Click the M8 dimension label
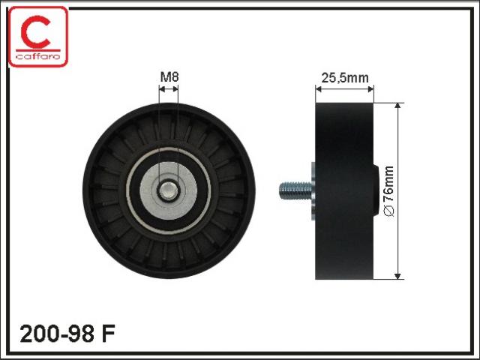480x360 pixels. (x=169, y=76)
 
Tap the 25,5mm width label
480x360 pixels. (x=345, y=78)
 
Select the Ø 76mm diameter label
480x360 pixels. (x=388, y=191)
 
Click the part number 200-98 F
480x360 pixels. (x=67, y=333)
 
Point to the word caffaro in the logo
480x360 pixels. (x=38, y=56)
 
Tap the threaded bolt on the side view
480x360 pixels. (x=295, y=190)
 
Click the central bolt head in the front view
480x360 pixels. (x=168, y=190)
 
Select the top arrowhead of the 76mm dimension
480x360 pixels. (x=397, y=106)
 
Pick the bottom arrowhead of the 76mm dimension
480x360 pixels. (x=397, y=276)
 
